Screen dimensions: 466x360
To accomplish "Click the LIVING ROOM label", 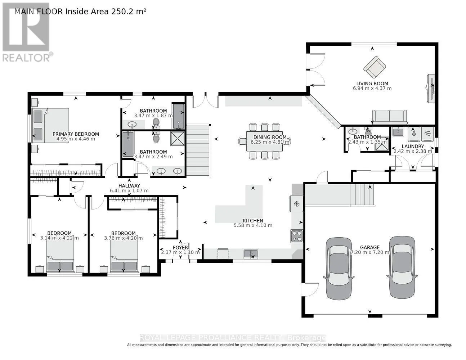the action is coord(372,84).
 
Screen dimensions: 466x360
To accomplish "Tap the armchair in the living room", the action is coord(375,67).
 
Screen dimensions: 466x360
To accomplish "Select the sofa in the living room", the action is coord(389,117).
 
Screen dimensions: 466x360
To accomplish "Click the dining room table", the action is coord(264,141).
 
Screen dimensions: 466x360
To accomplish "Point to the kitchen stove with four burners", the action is coord(297,236).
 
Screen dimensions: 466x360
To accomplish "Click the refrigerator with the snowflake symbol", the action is coord(296,203).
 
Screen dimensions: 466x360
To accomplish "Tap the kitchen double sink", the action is coord(251,254).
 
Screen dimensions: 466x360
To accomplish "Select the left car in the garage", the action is coord(339,269).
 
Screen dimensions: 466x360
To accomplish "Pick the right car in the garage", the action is coord(402,267).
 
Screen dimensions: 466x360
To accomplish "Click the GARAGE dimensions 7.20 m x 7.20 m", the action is coord(370,252).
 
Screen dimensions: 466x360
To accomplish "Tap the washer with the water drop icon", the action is coord(414,134).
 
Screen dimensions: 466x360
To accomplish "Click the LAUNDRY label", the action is coord(413,147).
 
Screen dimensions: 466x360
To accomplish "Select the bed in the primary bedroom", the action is coord(51,125).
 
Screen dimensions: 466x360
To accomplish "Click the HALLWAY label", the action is coord(129,186).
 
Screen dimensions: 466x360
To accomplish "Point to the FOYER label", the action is coord(180,248).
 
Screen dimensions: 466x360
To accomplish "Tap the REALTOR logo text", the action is coord(27,58).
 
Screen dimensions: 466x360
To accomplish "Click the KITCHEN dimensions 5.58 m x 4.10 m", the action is coord(253,225).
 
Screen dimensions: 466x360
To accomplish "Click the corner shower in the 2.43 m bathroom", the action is coord(382,147).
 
